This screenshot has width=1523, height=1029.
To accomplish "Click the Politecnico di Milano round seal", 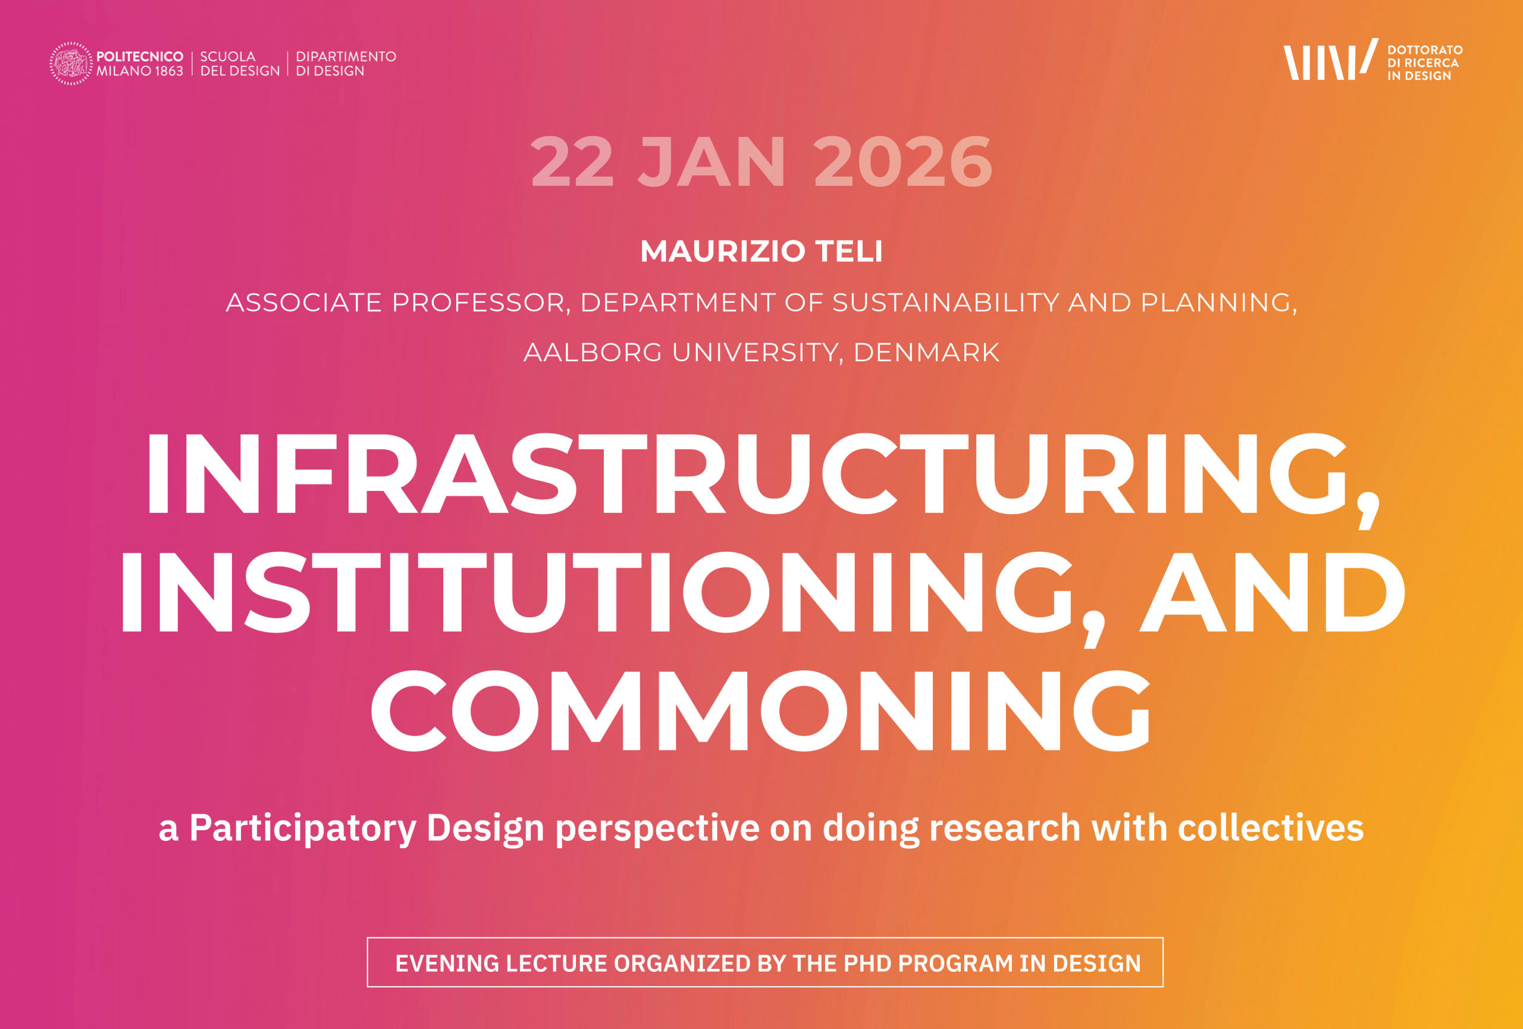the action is (x=71, y=64).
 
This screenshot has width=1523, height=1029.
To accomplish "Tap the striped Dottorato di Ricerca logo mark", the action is (x=1330, y=60).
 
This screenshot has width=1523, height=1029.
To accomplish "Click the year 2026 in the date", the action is (x=903, y=162).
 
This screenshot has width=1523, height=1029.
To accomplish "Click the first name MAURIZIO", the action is (x=723, y=251).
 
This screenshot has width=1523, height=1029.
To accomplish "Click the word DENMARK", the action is (x=927, y=352).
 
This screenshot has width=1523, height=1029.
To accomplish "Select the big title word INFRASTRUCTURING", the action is (x=747, y=474).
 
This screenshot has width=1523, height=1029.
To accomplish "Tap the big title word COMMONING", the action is (x=761, y=711).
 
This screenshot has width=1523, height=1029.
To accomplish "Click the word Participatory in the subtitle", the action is (x=303, y=828).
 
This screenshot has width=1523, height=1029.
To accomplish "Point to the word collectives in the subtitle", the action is (x=1271, y=828).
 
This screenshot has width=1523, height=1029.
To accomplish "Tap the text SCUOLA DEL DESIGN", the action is (x=240, y=64).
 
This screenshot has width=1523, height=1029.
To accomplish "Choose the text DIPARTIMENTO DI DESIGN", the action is (x=346, y=64).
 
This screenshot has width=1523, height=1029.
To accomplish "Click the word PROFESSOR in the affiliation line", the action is (x=478, y=302).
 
